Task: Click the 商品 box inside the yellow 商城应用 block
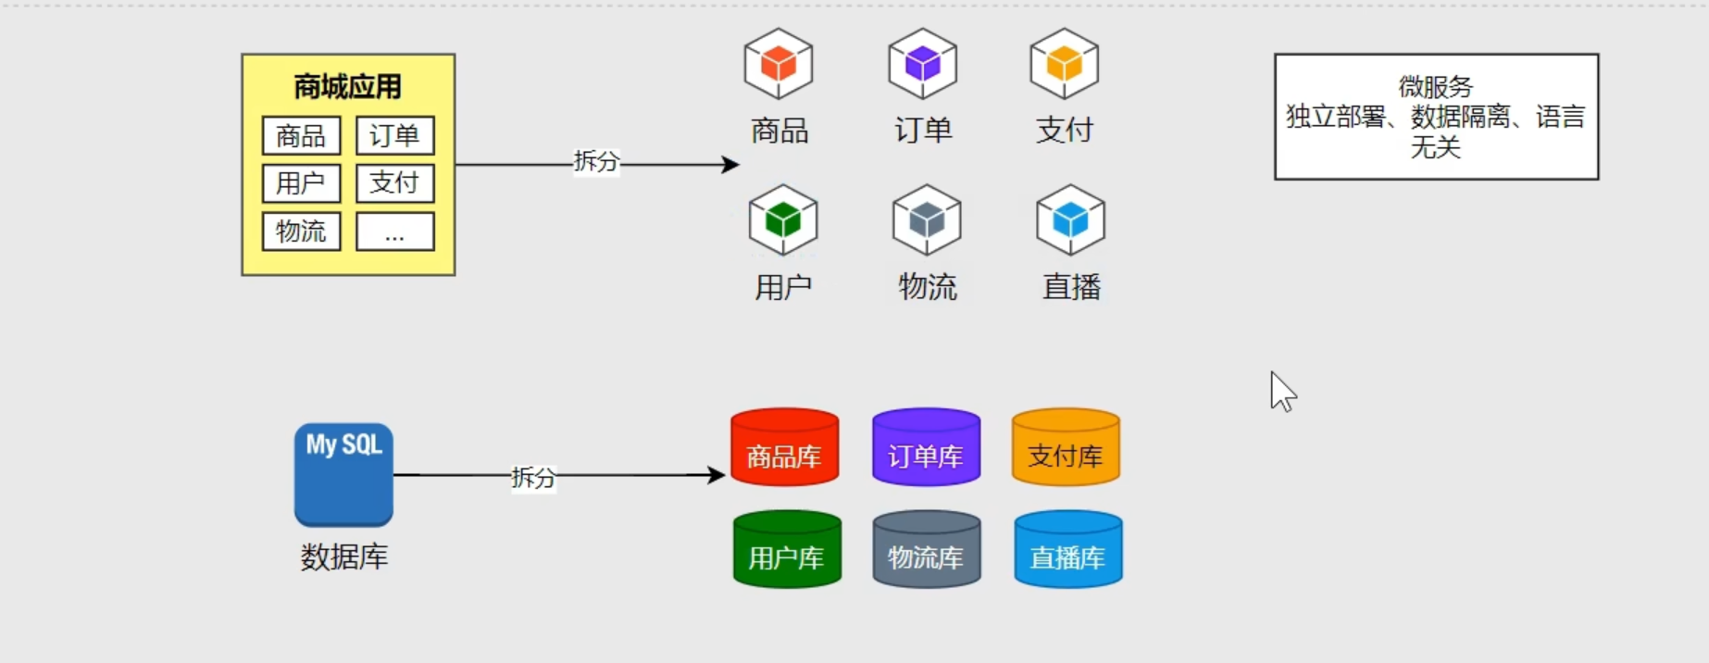pyautogui.click(x=301, y=136)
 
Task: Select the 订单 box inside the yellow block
pyautogui.click(x=394, y=136)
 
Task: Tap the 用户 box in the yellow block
pyautogui.click(x=301, y=183)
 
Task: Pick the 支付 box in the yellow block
pyautogui.click(x=394, y=183)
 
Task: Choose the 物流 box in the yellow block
pyautogui.click(x=301, y=231)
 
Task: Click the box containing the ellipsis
pyautogui.click(x=394, y=231)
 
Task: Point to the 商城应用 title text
pyautogui.click(x=347, y=87)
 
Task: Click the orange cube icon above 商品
pyautogui.click(x=779, y=64)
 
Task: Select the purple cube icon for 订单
pyautogui.click(x=922, y=64)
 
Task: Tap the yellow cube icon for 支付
pyautogui.click(x=1064, y=64)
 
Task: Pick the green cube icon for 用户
pyautogui.click(x=783, y=220)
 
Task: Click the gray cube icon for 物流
pyautogui.click(x=927, y=220)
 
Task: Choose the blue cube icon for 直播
pyautogui.click(x=1070, y=220)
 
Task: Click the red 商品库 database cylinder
pyautogui.click(x=785, y=447)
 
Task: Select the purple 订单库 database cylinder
pyautogui.click(x=926, y=447)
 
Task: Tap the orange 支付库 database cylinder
pyautogui.click(x=1066, y=447)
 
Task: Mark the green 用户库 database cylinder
pyautogui.click(x=787, y=549)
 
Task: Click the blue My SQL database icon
pyautogui.click(x=343, y=475)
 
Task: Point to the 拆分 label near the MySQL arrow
pyautogui.click(x=533, y=478)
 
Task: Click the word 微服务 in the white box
pyautogui.click(x=1435, y=87)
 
